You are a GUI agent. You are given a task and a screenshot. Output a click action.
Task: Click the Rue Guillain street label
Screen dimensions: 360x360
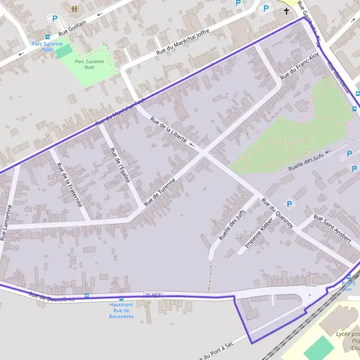73,28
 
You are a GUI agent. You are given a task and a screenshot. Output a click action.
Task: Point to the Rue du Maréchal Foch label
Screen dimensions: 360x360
121,112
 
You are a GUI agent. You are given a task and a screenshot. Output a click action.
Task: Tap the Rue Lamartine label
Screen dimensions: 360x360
7,222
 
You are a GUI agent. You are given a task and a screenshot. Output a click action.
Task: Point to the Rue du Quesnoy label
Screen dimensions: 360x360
277,212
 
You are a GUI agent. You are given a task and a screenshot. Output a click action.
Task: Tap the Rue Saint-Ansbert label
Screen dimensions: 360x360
332,228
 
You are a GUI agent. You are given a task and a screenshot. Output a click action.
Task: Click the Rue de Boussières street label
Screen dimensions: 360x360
52,296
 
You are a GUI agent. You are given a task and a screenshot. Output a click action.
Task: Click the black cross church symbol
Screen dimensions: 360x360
286,11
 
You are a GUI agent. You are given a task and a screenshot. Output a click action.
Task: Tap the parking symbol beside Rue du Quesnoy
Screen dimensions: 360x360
289,205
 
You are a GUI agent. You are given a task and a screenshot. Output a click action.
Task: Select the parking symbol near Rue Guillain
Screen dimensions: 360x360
55,19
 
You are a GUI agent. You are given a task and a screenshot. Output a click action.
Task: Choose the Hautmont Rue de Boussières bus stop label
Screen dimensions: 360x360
121,310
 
